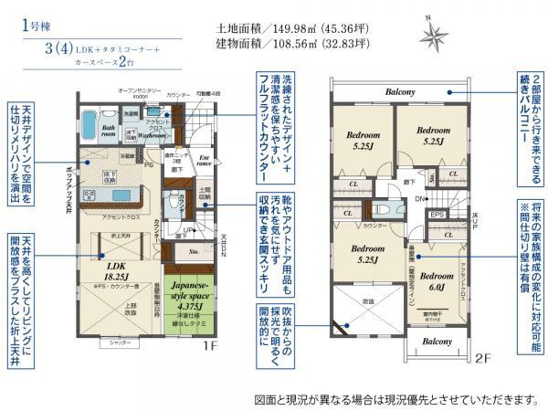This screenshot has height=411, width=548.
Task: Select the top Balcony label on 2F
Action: coord(399,92)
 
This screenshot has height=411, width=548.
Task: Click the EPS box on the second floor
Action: coord(437,215)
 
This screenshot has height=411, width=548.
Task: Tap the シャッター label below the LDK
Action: coord(120,342)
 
